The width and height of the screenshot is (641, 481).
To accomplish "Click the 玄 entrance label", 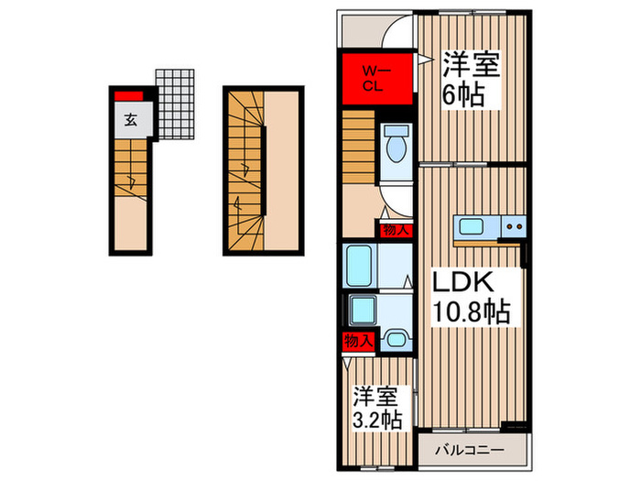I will point(131,118).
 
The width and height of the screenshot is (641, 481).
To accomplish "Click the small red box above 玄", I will point(129,95).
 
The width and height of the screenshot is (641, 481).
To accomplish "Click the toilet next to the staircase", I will point(396,147).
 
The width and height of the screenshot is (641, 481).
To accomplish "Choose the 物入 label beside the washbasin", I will point(358,342).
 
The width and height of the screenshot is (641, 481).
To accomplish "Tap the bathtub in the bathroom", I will point(360,267).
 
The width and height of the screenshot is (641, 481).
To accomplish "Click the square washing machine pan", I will point(363,311).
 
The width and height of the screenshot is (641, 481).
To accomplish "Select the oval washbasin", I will point(395,341).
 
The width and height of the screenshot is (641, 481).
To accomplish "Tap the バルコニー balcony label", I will point(476,451).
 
